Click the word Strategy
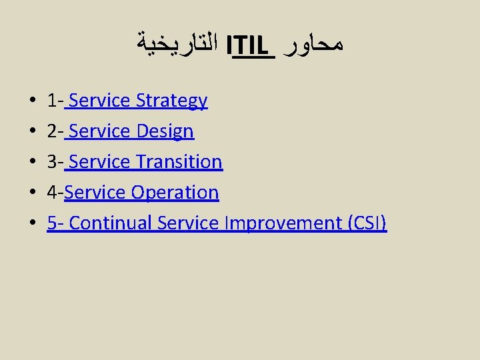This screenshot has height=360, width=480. pyautogui.click(x=171, y=101)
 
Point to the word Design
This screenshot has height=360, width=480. pyautogui.click(x=165, y=131)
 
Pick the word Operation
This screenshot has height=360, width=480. pyautogui.click(x=175, y=192)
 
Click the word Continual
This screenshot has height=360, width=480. pyautogui.click(x=111, y=223)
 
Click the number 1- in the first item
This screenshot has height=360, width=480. pyautogui.click(x=55, y=101)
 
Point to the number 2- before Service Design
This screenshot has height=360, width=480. pyautogui.click(x=55, y=131)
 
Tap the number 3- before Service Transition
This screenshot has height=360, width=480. pyautogui.click(x=55, y=161)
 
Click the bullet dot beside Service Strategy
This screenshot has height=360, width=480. pyautogui.click(x=32, y=102)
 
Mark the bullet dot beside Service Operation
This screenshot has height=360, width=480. pyautogui.click(x=32, y=193)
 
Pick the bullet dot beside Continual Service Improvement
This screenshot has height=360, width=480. pyautogui.click(x=32, y=224)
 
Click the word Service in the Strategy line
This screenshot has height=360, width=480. pyautogui.click(x=99, y=101)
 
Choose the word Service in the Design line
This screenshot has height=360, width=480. pyautogui.click(x=99, y=131)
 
